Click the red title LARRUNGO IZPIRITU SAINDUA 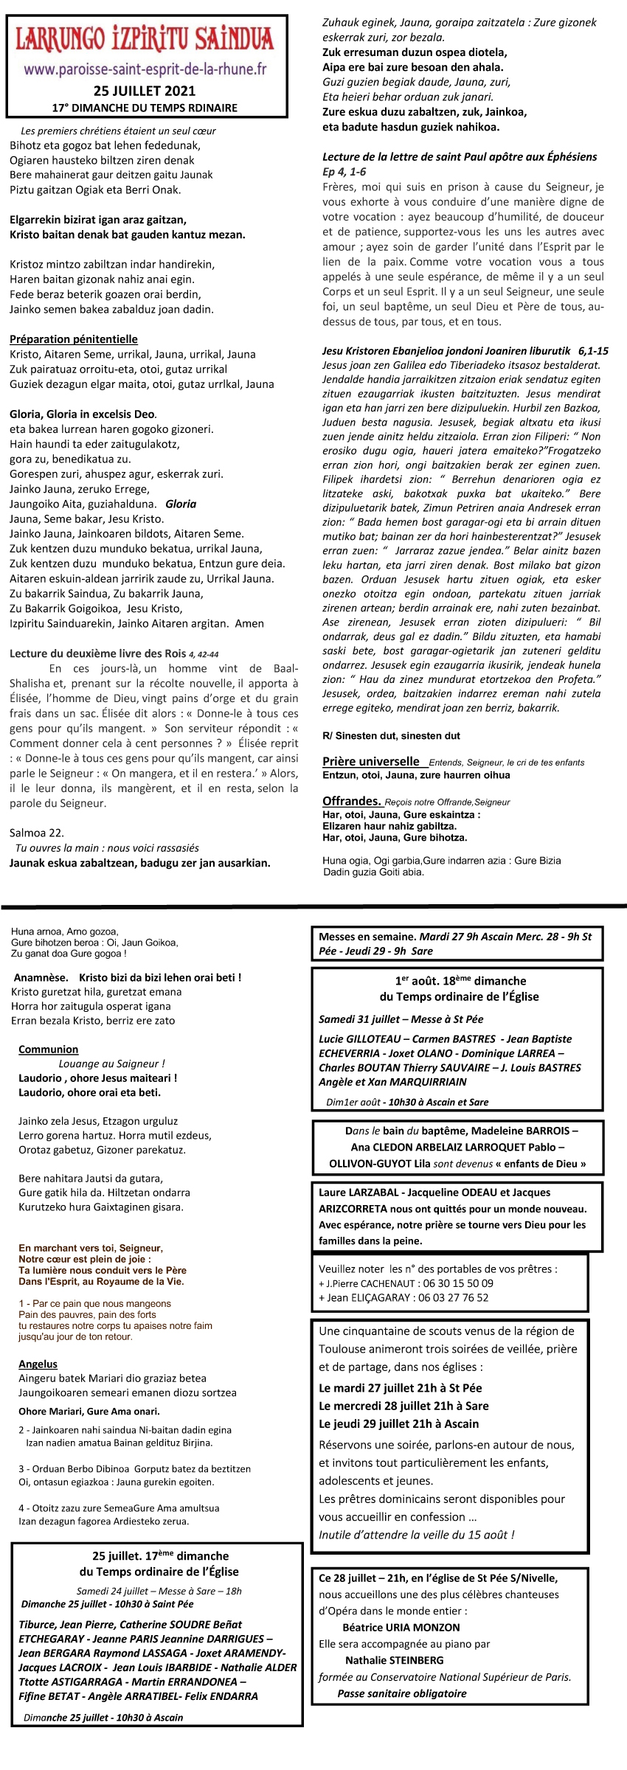point(145,38)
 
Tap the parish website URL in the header point(145,70)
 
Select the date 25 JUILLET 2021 point(145,91)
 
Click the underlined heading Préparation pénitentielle point(74,339)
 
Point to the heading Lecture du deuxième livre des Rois point(97,653)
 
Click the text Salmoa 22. point(37,833)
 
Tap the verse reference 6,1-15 point(594,351)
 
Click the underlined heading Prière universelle point(370,761)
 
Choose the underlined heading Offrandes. point(351,801)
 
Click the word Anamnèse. point(41,977)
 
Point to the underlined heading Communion point(48,1049)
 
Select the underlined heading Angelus point(38,1364)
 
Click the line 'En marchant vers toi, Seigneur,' point(90,1248)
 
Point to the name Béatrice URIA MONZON point(401,1627)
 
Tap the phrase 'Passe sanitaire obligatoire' point(401,1693)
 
